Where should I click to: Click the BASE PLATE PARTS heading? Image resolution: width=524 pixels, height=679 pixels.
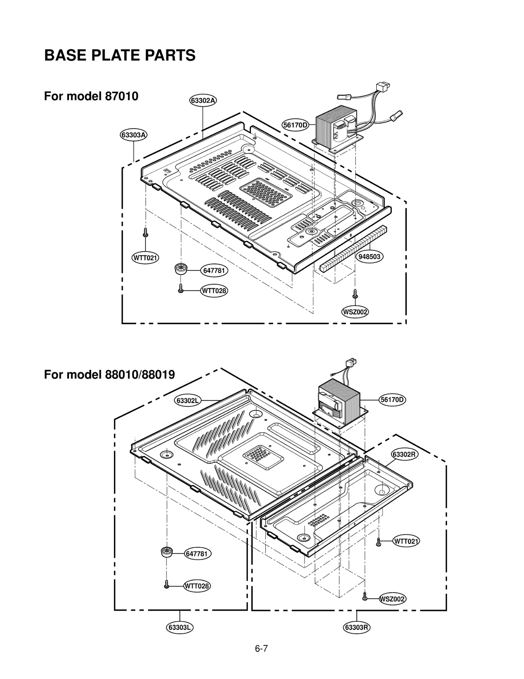pyautogui.click(x=120, y=55)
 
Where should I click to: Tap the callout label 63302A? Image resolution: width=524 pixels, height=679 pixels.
pyautogui.click(x=203, y=100)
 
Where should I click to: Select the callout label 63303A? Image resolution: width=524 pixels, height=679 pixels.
pyautogui.click(x=133, y=135)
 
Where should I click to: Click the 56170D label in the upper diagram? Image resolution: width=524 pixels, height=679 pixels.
pyautogui.click(x=295, y=125)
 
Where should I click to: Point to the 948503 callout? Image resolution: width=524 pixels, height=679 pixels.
pyautogui.click(x=369, y=256)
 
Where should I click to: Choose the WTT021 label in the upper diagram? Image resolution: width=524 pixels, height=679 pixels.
pyautogui.click(x=145, y=258)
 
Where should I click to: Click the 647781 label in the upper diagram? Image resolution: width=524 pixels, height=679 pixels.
pyautogui.click(x=214, y=271)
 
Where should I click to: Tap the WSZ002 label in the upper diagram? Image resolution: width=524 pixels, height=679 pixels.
pyautogui.click(x=355, y=312)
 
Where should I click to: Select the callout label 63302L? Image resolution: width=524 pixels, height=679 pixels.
pyautogui.click(x=187, y=400)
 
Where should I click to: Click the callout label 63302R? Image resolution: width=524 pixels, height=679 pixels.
pyautogui.click(x=405, y=454)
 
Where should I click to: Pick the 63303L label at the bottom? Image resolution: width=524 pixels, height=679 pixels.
pyautogui.click(x=180, y=627)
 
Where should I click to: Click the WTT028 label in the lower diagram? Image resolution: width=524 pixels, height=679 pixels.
pyautogui.click(x=196, y=586)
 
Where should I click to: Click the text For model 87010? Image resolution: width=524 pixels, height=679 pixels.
pyautogui.click(x=91, y=96)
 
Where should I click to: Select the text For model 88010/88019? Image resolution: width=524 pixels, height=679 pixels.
pyautogui.click(x=109, y=374)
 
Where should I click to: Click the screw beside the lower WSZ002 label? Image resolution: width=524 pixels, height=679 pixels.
pyautogui.click(x=365, y=598)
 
